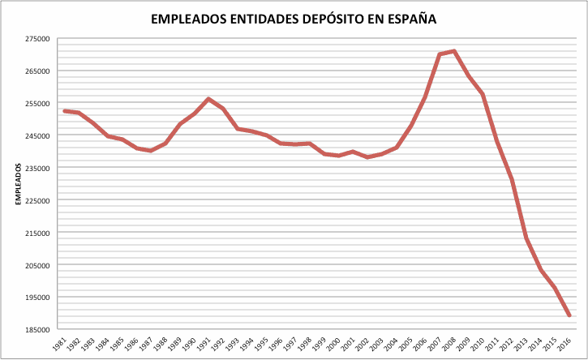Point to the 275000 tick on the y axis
coord(38,38)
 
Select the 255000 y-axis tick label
coord(38,103)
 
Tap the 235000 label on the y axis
coord(38,168)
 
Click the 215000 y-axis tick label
coord(38,233)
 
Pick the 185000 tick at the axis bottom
coord(38,330)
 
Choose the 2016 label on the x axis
coord(566,344)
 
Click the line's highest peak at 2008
coord(454,51)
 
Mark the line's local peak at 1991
coord(208,99)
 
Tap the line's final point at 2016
coord(569,315)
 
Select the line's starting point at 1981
coord(64,111)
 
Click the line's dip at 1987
coord(151,151)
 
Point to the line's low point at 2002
coord(367,156)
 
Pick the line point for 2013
coord(526,238)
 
